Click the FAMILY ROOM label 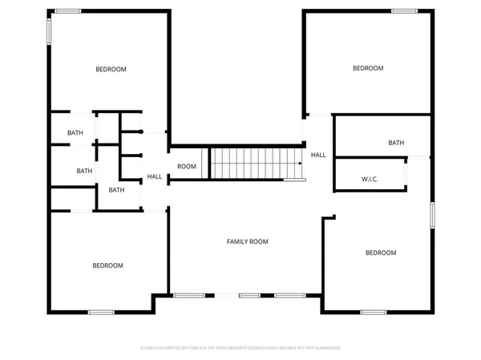point(247,241)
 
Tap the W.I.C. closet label point(370,179)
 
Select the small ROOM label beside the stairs point(187,167)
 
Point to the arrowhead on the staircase point(300,164)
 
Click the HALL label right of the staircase point(318,155)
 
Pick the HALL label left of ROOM point(155,177)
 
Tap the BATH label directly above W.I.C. point(396,144)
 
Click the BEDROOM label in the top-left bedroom point(111,70)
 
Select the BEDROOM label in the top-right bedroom point(368,68)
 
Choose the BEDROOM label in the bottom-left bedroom point(107,265)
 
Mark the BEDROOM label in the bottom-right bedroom point(381,253)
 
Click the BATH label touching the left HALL point(117,190)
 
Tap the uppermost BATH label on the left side point(75,133)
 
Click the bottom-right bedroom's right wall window point(433,215)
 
